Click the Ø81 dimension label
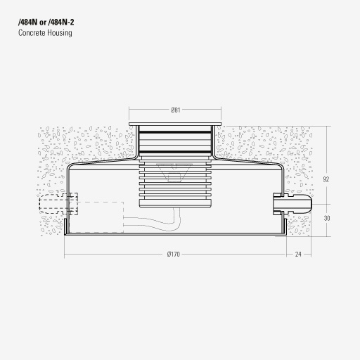coord(176,110)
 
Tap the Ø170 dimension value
coord(174,254)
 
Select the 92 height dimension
coord(326,179)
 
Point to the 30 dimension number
coord(327,218)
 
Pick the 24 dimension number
coord(298,254)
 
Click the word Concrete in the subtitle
coord(32,32)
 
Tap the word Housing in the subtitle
coord(60,33)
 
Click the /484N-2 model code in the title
coord(61,22)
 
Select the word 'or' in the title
coord(42,22)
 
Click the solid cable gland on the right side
coord(292,204)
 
